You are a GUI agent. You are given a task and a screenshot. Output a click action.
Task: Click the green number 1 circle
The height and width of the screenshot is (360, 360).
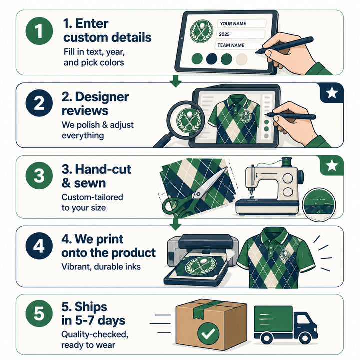[x=39, y=31]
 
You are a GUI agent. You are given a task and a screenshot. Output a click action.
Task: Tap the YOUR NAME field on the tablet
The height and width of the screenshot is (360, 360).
[x=242, y=23]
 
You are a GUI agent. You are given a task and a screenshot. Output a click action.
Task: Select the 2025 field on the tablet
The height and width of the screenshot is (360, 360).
[x=241, y=34]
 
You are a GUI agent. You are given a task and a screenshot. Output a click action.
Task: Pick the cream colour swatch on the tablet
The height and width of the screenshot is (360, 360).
[x=242, y=59]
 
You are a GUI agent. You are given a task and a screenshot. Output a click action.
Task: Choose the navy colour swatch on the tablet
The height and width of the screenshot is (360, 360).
[x=212, y=59]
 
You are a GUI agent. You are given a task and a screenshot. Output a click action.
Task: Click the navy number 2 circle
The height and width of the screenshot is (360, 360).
[x=39, y=103]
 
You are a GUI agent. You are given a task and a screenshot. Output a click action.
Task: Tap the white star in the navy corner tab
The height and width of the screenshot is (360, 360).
[x=332, y=93]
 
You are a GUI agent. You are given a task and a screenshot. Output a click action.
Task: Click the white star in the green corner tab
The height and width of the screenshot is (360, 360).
[x=332, y=165]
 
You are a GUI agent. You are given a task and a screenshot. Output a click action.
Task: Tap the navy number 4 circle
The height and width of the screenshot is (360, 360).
[x=39, y=246]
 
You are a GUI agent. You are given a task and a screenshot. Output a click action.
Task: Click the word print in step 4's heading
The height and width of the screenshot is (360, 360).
[x=110, y=240]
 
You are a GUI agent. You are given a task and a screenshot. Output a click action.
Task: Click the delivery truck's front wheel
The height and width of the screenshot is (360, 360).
[x=305, y=338]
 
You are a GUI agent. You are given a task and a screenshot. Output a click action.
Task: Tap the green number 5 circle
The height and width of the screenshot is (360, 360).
[x=39, y=313]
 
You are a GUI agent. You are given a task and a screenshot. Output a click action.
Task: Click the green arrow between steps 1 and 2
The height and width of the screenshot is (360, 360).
[x=176, y=81]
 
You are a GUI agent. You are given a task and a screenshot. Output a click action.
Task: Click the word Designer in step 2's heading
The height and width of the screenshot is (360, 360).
[x=102, y=97]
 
